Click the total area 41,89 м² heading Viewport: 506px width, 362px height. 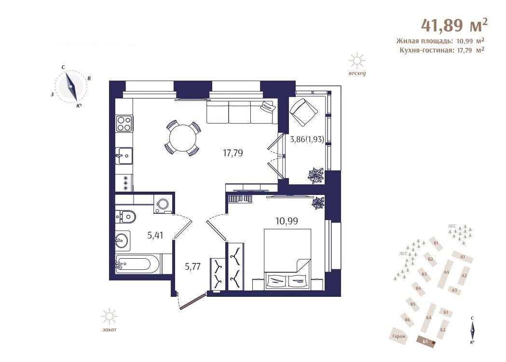tap(454, 25)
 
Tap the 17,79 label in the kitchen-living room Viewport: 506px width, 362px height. tap(232, 153)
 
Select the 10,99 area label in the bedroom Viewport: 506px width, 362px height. tap(287, 221)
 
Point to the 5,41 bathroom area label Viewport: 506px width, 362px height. tap(155, 236)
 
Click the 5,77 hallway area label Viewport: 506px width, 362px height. tap(192, 267)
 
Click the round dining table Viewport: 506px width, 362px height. tap(183, 138)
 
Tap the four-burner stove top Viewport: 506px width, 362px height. tap(124, 123)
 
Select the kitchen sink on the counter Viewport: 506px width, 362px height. tap(124, 156)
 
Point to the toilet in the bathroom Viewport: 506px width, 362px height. tap(125, 216)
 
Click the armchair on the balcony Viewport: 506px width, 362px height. tap(304, 112)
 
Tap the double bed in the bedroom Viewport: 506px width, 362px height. tap(287, 259)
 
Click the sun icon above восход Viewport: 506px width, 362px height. tap(357, 61)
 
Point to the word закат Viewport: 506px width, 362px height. tap(109, 330)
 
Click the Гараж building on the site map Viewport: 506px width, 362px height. tap(399, 336)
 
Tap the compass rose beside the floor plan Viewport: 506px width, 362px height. tap(71, 86)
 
